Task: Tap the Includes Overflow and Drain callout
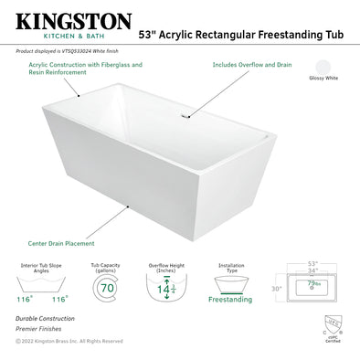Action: pyautogui.click(x=251, y=66)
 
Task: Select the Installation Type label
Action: pyautogui.click(x=230, y=269)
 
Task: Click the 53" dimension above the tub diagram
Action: pyautogui.click(x=314, y=261)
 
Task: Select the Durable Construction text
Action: pyautogui.click(x=45, y=318)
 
